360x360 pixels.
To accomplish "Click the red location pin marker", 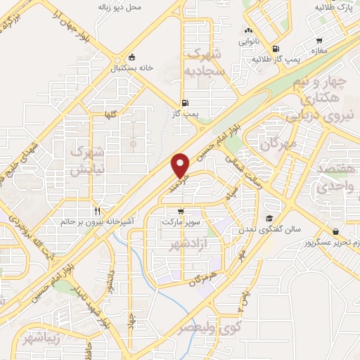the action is [x=181, y=165].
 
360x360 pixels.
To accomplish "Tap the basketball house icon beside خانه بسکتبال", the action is [x=131, y=58].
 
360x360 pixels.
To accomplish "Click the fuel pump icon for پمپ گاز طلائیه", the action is [x=275, y=49].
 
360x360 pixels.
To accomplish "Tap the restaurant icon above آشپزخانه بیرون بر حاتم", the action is [x=98, y=210].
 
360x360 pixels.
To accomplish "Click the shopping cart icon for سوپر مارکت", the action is [x=181, y=211].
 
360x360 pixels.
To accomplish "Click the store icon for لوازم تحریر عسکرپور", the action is [x=336, y=231].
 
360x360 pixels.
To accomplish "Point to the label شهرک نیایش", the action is [x=89, y=161].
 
